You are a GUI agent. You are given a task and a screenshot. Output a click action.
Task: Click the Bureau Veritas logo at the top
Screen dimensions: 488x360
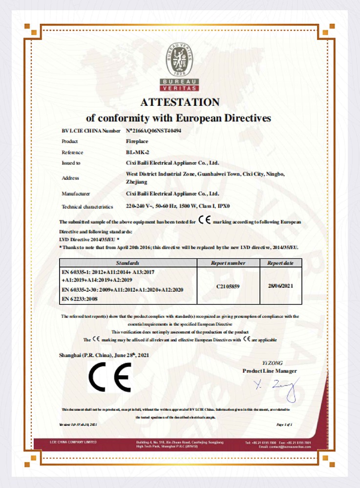pyautogui.click(x=180, y=66)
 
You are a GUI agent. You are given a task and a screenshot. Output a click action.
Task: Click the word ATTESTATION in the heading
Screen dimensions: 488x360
pyautogui.click(x=180, y=102)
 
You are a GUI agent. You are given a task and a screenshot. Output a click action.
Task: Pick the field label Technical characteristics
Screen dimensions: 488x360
pyautogui.click(x=87, y=207)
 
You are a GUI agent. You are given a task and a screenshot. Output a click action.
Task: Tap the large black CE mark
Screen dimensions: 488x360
pyautogui.click(x=109, y=378)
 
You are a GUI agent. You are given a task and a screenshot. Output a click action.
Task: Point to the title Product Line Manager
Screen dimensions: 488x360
pyautogui.click(x=270, y=371)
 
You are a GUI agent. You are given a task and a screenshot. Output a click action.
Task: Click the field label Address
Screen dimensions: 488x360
pyautogui.click(x=70, y=178)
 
